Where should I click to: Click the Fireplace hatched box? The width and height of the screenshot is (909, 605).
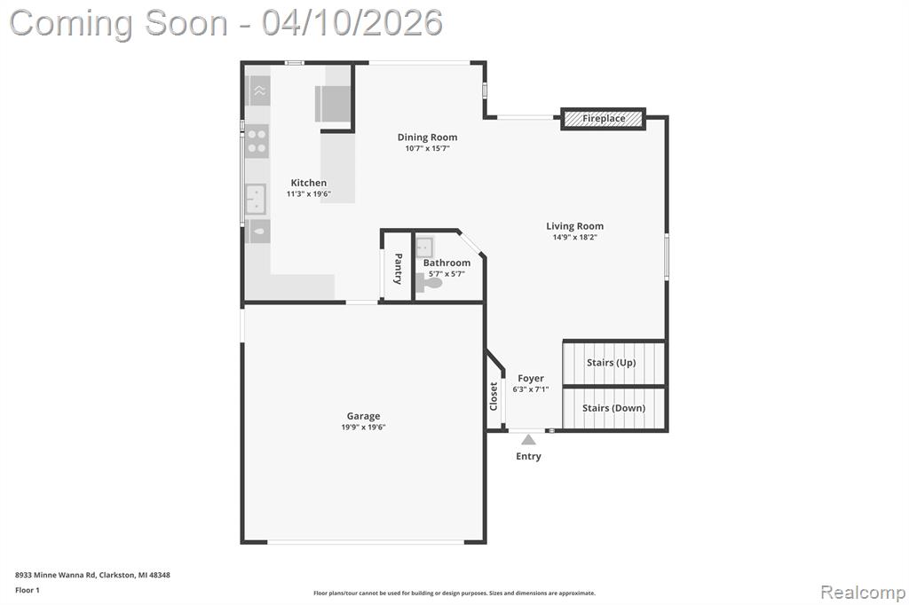point(603,119)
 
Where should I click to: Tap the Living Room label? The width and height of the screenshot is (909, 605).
point(574,226)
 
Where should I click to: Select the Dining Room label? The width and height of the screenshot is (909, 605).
point(427,137)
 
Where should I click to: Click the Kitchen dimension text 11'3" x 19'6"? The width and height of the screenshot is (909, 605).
point(308,194)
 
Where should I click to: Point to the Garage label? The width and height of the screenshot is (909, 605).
point(363,416)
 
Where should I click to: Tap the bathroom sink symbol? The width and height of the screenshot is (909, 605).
point(424,247)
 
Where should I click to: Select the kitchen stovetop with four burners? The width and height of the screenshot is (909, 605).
point(257,141)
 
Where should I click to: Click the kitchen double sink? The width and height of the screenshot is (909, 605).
point(255,199)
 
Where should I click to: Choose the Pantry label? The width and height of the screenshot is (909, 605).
point(399,268)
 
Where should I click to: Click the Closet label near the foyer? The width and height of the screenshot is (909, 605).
point(494,397)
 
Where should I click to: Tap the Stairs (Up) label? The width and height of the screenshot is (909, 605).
point(611,363)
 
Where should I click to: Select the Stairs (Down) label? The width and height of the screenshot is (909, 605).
point(613,408)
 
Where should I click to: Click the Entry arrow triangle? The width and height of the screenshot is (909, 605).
point(528,439)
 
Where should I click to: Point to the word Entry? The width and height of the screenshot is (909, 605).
point(529,457)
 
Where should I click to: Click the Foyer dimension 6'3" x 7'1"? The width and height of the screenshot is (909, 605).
point(531,389)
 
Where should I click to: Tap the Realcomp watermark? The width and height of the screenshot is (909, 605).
point(863,593)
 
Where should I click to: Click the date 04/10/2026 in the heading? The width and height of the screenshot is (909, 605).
point(352,23)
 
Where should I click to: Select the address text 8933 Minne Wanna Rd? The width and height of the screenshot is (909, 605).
point(56,575)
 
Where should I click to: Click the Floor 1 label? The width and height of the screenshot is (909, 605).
point(28,590)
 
